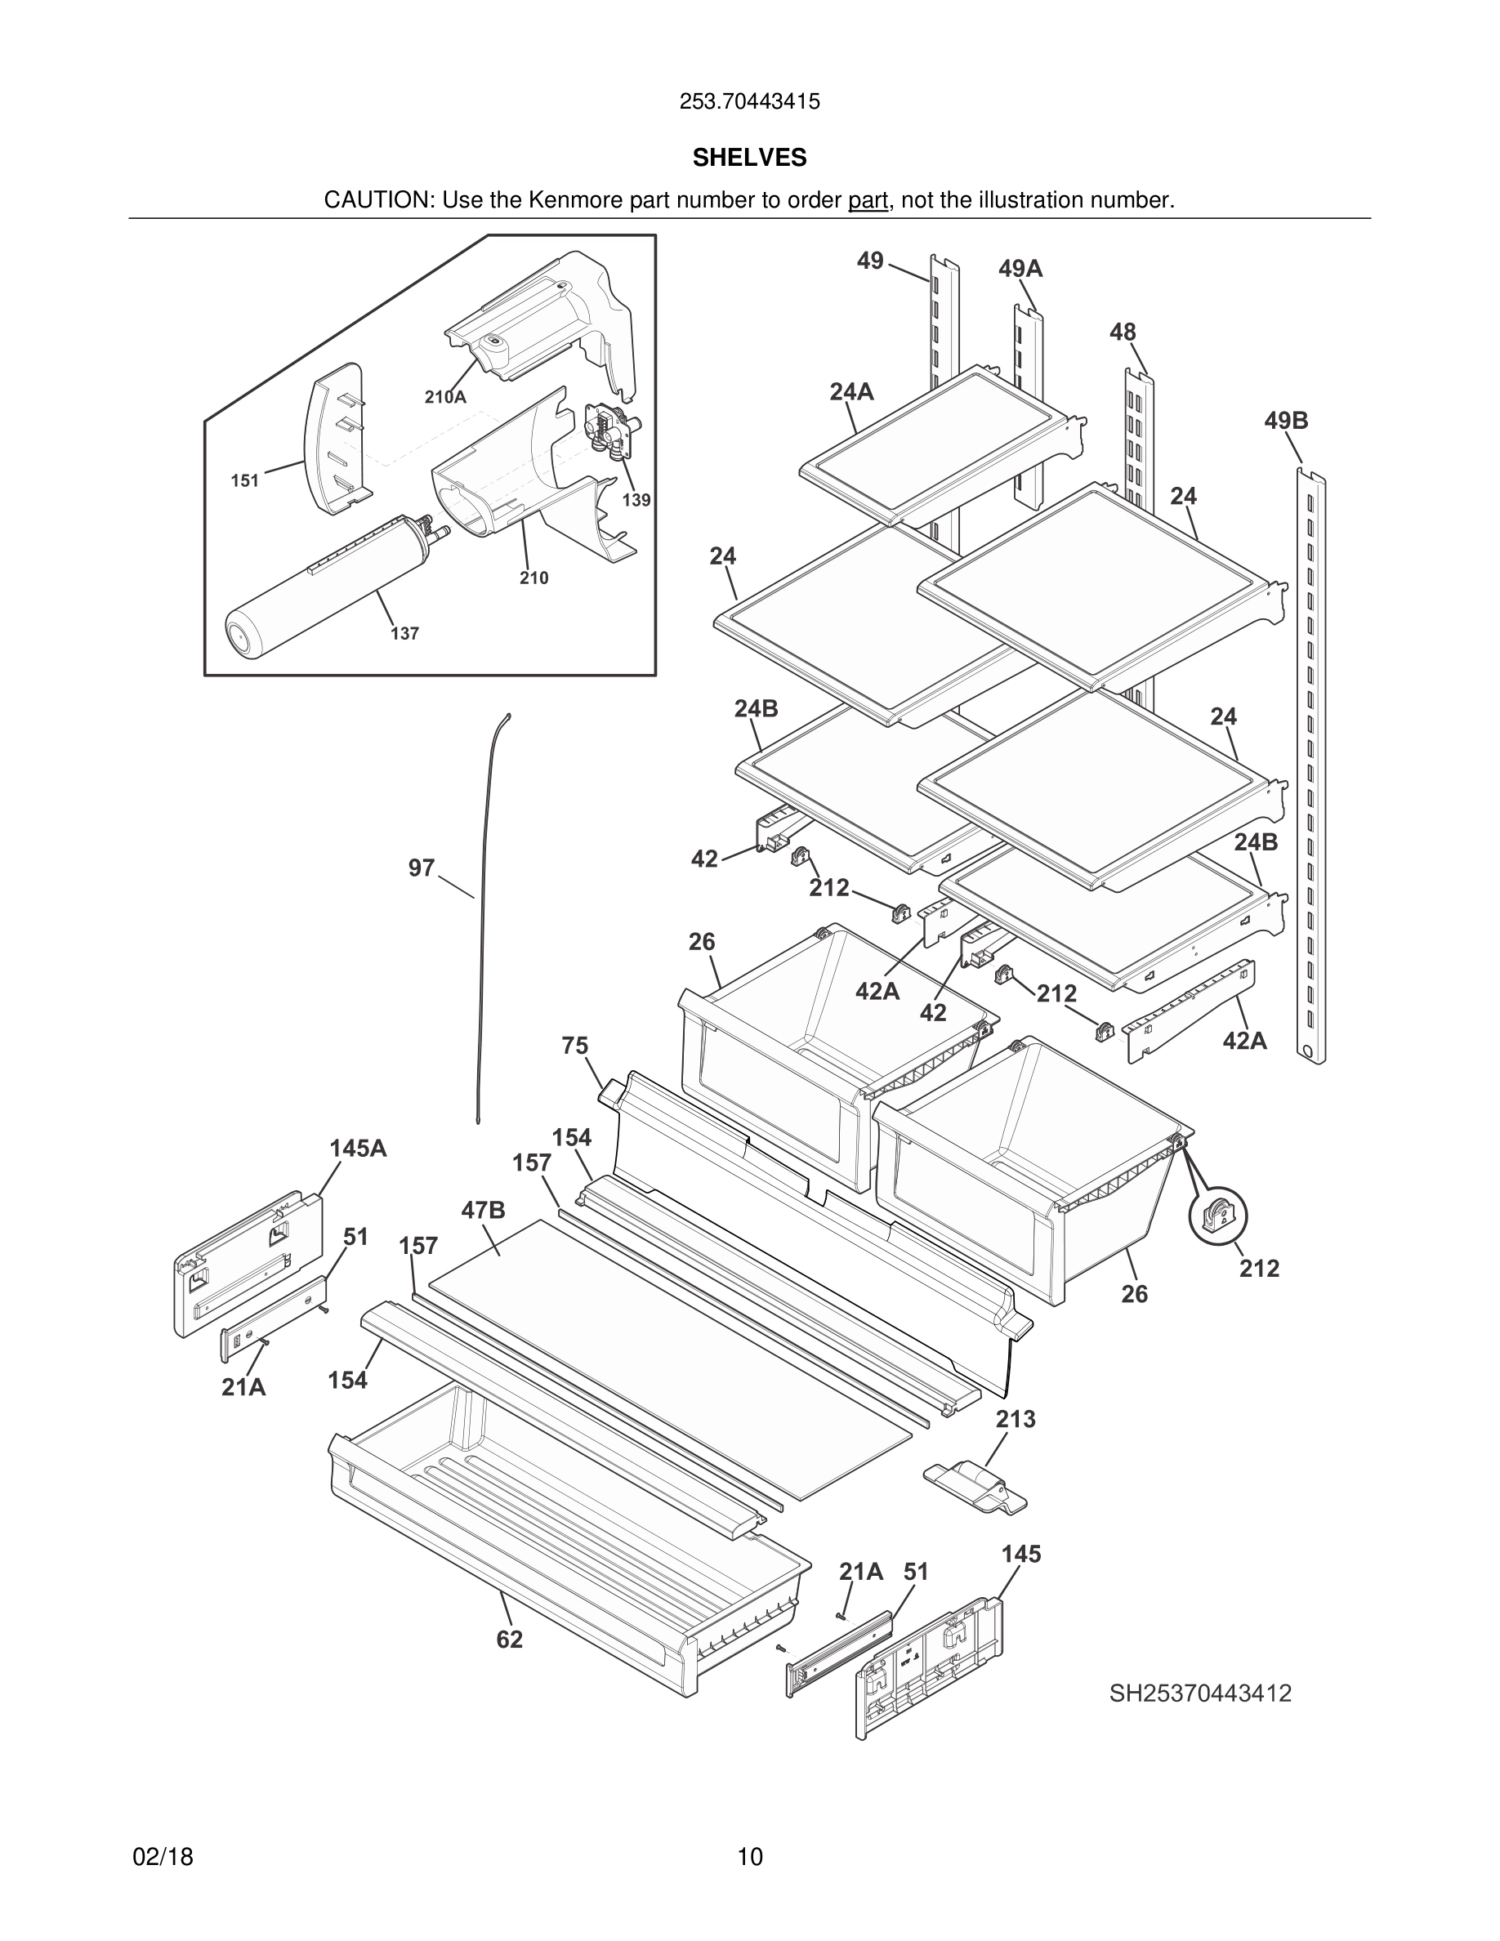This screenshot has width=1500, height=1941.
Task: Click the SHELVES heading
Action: pos(749,158)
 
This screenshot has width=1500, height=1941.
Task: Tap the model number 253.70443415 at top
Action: pos(749,102)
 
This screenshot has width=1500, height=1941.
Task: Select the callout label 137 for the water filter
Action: pos(404,634)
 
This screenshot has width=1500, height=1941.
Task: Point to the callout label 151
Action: pos(244,481)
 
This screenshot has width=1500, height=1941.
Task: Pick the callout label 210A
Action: pos(444,397)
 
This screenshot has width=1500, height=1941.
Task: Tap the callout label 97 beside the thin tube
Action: pos(422,868)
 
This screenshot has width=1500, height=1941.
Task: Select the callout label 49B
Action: pos(1286,421)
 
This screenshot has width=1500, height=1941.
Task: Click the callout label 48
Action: pos(1123,332)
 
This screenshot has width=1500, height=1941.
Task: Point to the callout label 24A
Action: pos(851,391)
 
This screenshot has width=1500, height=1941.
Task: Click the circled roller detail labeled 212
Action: pos(1218,1216)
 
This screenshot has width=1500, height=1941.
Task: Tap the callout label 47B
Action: pos(484,1210)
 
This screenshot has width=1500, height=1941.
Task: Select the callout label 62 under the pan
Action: pos(509,1640)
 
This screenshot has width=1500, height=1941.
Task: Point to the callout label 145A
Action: pos(358,1149)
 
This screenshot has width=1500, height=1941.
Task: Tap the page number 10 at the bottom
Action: pos(749,1857)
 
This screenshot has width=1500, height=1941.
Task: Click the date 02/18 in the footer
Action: pos(163,1857)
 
